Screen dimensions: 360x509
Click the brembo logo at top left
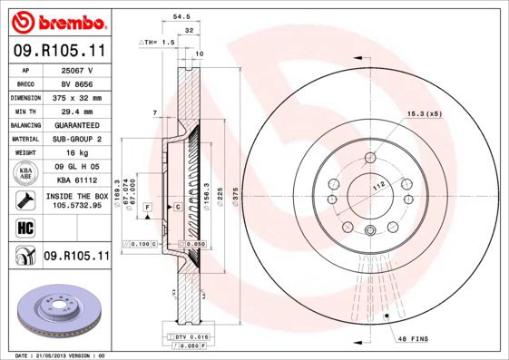55,19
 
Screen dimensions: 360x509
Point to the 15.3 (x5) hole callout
424,114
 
